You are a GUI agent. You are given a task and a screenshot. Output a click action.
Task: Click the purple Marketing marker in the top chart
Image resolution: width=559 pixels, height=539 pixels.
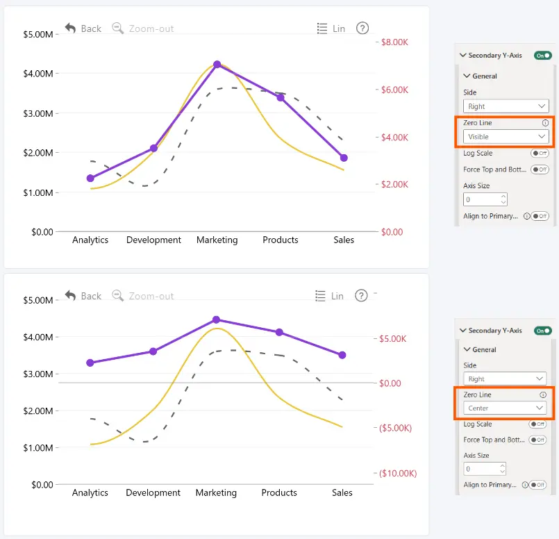pos(217,65)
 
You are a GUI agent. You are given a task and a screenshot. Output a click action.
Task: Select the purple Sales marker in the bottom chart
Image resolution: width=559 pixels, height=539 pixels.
pos(342,355)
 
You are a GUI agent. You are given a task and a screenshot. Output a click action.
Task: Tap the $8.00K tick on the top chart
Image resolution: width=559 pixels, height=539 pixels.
pos(394,42)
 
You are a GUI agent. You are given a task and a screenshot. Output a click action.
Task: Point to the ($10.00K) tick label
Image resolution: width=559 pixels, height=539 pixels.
pos(398,474)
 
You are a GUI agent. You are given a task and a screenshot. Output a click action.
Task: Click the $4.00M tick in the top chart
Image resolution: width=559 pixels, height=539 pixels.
pos(37,74)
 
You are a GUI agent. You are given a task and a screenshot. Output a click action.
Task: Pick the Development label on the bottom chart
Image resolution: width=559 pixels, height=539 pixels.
pos(153,492)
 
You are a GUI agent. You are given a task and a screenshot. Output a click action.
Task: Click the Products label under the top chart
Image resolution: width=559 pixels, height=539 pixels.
pos(281,240)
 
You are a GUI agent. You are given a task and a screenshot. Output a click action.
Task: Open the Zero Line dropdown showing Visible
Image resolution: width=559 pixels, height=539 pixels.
pos(506,137)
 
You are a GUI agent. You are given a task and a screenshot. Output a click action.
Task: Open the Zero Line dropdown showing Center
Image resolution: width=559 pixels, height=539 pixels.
pos(505,408)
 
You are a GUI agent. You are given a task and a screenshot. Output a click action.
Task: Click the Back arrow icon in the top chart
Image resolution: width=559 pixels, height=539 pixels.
pos(70,28)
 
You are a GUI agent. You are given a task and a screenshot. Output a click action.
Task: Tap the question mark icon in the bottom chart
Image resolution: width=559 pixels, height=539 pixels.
pos(361,295)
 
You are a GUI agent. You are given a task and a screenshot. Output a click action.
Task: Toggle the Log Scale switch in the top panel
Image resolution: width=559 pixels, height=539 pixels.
pos(540,154)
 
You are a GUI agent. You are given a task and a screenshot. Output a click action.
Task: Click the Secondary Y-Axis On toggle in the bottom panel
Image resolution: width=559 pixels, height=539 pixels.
pos(542,331)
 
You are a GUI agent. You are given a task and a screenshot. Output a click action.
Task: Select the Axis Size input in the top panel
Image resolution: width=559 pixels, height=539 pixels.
pos(485,199)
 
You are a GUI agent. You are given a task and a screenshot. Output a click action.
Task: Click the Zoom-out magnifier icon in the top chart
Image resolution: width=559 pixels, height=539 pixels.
pos(117,28)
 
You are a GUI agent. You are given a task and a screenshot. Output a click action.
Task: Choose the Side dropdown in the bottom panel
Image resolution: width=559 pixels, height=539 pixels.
pos(505,379)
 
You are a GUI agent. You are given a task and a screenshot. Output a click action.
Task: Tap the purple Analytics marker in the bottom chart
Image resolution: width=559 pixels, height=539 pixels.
pos(90,363)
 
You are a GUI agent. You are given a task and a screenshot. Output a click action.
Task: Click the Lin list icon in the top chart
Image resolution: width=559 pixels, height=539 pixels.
pos(322,28)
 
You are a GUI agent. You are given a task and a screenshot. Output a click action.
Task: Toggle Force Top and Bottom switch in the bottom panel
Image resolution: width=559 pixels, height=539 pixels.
pos(537,440)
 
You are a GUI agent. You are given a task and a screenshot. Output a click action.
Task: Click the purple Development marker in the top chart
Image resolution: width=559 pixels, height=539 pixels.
pos(153,149)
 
